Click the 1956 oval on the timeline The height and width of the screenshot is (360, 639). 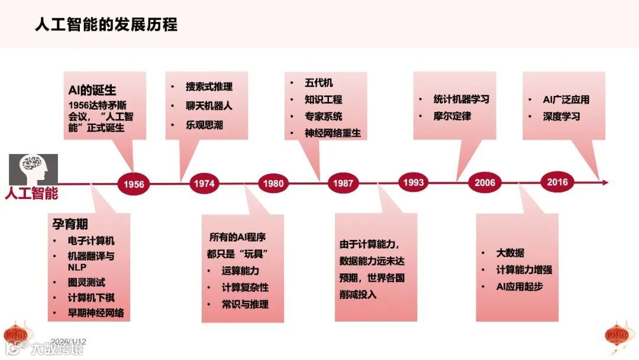(x=134, y=184)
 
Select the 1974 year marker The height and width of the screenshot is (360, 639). (x=204, y=184)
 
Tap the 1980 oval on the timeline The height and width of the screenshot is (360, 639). (x=273, y=184)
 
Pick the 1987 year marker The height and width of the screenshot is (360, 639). (x=343, y=184)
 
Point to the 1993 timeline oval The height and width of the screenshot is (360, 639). (x=413, y=182)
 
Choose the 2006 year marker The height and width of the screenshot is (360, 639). (x=485, y=183)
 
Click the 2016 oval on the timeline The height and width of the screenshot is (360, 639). (x=557, y=182)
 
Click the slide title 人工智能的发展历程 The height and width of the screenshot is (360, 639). (x=106, y=24)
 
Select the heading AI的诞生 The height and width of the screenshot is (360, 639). (x=92, y=91)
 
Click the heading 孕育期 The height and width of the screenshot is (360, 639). (x=70, y=224)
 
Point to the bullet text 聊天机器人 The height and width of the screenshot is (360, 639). (x=209, y=106)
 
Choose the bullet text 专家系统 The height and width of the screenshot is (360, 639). (x=324, y=116)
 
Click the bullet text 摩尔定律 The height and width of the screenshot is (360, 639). (x=452, y=116)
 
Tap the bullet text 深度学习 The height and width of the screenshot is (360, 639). (x=561, y=116)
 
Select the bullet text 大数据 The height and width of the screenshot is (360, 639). (x=510, y=253)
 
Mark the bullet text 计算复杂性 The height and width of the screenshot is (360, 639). (x=245, y=287)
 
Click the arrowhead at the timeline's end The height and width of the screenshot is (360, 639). (x=603, y=182)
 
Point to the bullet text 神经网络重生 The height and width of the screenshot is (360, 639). (x=333, y=133)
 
